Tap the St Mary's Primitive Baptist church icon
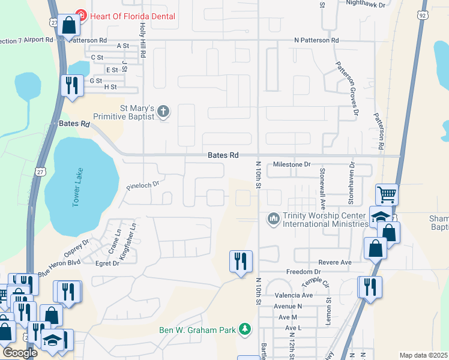[163, 111]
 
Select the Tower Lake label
[76, 193]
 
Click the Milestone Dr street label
[292, 164]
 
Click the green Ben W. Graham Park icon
[244, 329]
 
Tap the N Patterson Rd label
[316, 40]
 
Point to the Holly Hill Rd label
[143, 40]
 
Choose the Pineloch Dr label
[142, 186]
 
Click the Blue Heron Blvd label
[59, 267]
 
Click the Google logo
[20, 353]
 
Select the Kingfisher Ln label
[127, 241]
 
